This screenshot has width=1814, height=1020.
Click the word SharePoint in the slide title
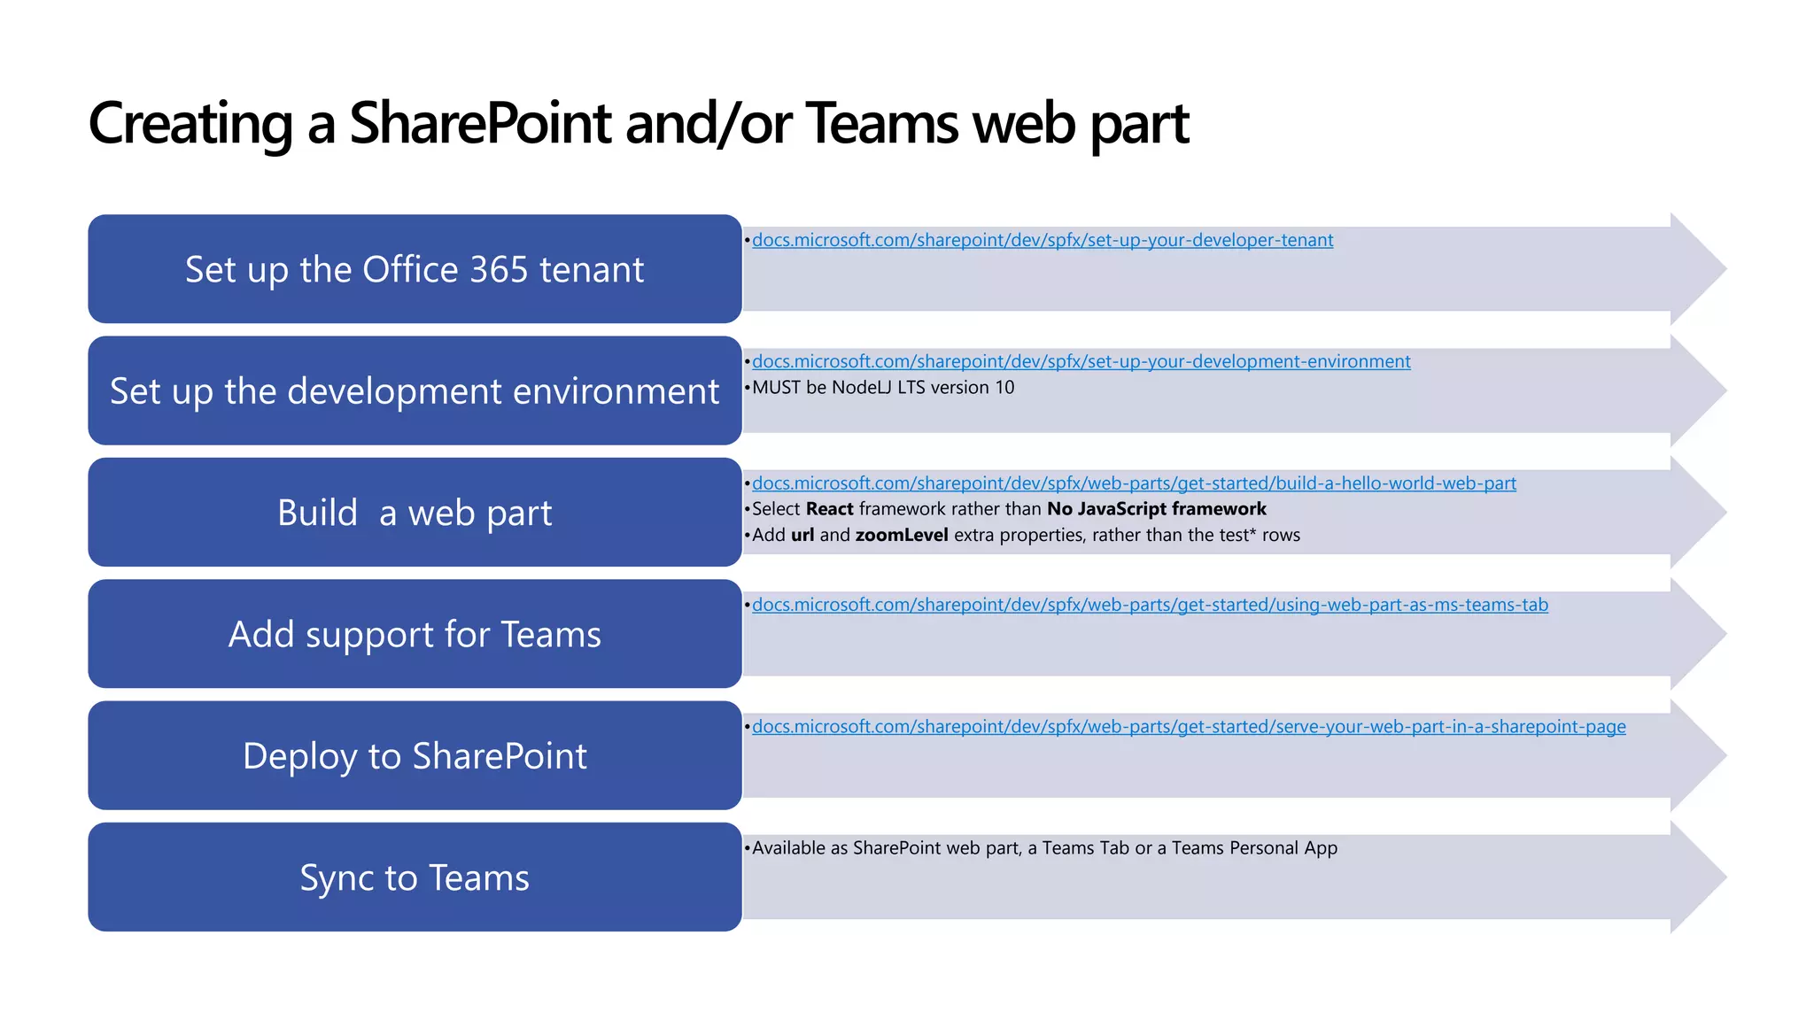(479, 123)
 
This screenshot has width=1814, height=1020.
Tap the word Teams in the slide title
(882, 123)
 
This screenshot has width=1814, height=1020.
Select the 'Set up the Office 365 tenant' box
(415, 269)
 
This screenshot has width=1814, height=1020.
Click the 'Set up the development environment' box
(415, 390)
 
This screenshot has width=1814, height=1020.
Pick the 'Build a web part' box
(415, 513)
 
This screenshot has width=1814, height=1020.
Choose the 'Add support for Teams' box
(415, 634)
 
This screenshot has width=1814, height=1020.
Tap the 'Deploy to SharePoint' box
(415, 755)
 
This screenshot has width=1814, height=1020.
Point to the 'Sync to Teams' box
(415, 877)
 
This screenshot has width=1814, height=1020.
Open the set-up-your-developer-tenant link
(1043, 240)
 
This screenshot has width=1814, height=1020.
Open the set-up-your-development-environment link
(1081, 361)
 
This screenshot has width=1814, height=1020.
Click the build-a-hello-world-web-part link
(1134, 483)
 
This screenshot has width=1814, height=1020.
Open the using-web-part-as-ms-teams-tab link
(1150, 605)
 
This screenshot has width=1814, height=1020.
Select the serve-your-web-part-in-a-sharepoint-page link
(1189, 727)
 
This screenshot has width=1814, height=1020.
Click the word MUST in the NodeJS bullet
(777, 388)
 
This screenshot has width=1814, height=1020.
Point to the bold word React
(829, 509)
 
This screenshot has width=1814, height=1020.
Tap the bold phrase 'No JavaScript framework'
(1156, 509)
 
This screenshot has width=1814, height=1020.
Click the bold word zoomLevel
(901, 535)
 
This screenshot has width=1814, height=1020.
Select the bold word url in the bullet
(802, 535)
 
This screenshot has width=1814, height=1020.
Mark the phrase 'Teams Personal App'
(1254, 848)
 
